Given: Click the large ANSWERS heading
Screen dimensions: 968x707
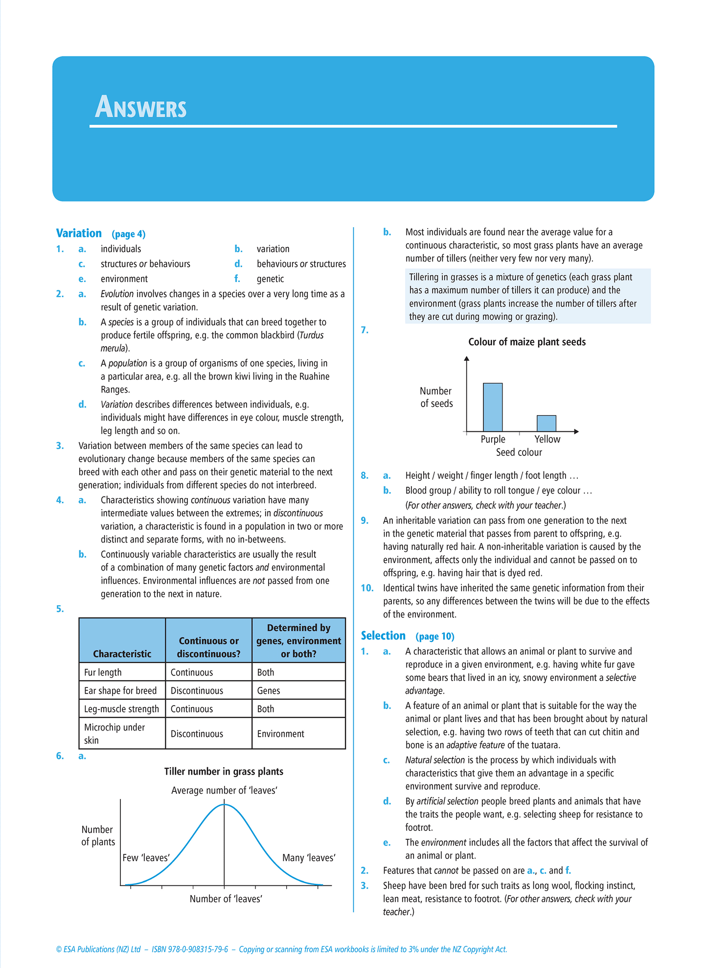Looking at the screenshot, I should pos(141,107).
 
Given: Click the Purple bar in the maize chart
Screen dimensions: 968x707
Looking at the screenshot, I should pos(493,407).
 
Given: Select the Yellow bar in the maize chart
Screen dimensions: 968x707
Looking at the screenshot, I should pos(546,423).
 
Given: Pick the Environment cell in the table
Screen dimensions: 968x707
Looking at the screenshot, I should pos(280,733).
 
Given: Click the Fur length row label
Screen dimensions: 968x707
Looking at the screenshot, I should pos(103,672).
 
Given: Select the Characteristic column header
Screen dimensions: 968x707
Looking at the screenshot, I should pos(122,654).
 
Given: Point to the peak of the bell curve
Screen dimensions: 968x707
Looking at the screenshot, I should pos(224,804).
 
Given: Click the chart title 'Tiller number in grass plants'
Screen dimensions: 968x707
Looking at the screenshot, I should pos(224,771).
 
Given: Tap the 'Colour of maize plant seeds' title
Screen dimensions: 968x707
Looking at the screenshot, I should pos(527,342).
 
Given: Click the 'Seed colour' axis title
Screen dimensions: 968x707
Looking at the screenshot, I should pos(519,452).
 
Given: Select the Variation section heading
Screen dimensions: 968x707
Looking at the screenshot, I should pos(79,233).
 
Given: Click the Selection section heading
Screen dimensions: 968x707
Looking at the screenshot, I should pos(383,636).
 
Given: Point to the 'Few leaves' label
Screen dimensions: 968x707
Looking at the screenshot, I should pos(146,857).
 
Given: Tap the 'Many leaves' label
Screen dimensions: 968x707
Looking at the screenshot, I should pos(309,857).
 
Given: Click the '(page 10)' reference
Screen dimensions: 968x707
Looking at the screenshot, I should pos(435,637).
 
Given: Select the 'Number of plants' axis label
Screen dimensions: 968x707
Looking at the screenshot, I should pos(98,835).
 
